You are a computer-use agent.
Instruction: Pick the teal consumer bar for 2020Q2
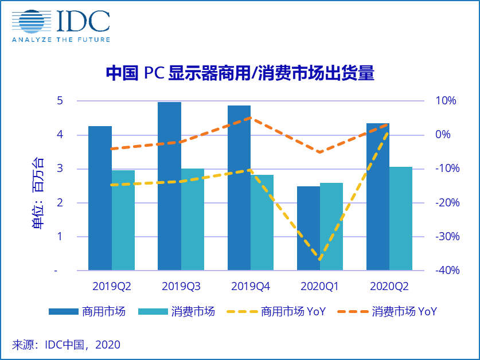click(401, 218)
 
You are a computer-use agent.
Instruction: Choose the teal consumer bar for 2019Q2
click(123, 220)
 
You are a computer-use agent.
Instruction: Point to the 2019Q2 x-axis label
click(111, 285)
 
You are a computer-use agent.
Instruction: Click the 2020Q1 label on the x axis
click(320, 285)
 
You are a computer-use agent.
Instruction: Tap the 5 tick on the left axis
click(60, 101)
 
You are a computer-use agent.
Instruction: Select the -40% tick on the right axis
click(443, 271)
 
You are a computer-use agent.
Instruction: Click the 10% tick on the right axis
click(444, 101)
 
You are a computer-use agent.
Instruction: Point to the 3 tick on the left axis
click(60, 169)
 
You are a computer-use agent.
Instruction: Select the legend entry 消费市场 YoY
click(404, 311)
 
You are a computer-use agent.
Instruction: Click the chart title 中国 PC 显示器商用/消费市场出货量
click(240, 73)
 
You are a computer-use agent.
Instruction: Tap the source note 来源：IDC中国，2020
click(67, 345)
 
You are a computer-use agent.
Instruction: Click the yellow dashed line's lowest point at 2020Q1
click(320, 260)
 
